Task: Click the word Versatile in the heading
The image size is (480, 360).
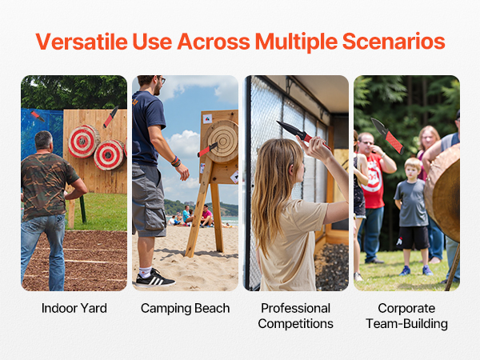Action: tap(82, 42)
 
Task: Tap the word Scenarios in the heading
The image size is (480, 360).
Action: tap(394, 42)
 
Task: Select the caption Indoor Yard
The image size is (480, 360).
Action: tap(74, 308)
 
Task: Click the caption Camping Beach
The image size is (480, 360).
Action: tap(186, 308)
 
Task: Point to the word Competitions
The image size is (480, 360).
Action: tap(295, 323)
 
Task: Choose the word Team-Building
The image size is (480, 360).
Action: tap(406, 323)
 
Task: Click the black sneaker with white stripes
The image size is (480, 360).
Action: tap(155, 278)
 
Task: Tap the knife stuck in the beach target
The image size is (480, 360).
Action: tap(207, 150)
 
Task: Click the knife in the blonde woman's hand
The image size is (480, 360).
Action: tap(302, 134)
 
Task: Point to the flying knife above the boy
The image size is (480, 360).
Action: tap(387, 135)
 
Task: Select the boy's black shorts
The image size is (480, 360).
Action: tap(414, 238)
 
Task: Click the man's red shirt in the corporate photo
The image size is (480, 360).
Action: tap(373, 180)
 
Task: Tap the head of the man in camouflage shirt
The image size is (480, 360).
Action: tap(44, 142)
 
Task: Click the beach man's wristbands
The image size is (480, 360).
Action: tap(176, 162)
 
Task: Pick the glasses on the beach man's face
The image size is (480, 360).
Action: tap(162, 80)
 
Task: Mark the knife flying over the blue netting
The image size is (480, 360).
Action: tap(38, 116)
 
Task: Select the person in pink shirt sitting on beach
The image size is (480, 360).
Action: tap(206, 217)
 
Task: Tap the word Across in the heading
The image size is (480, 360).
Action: tap(214, 42)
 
